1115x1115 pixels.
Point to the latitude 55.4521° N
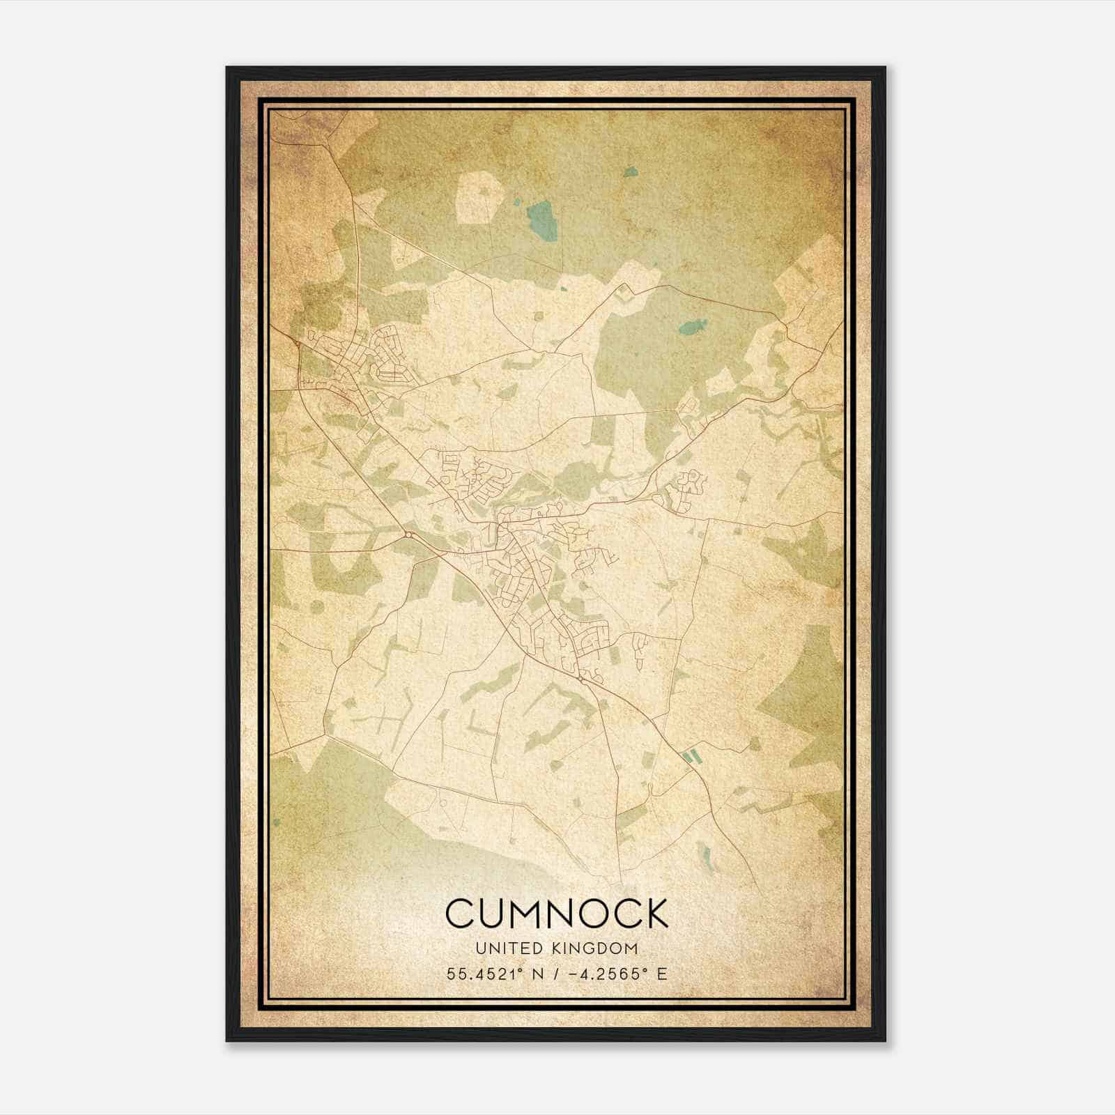(494, 974)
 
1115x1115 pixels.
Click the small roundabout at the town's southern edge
(580, 677)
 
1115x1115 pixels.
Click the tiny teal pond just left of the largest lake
(516, 203)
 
